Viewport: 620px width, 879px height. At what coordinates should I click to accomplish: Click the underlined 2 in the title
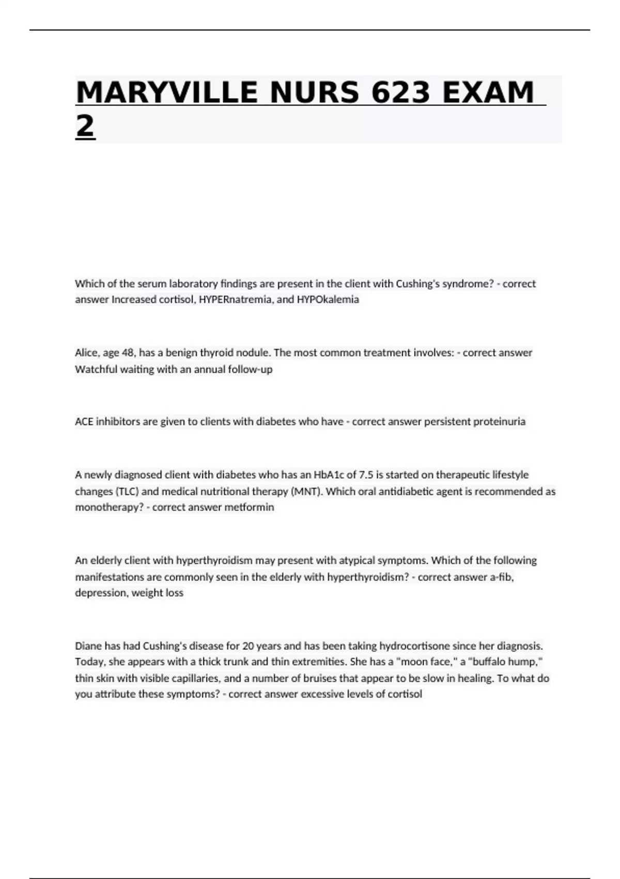click(x=85, y=126)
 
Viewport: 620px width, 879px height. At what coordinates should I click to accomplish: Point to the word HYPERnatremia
click(x=236, y=299)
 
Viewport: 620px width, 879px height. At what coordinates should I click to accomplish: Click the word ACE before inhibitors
click(x=84, y=421)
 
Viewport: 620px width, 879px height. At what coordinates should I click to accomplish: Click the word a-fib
click(x=501, y=577)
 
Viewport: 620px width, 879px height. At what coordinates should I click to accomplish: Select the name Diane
click(x=88, y=646)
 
